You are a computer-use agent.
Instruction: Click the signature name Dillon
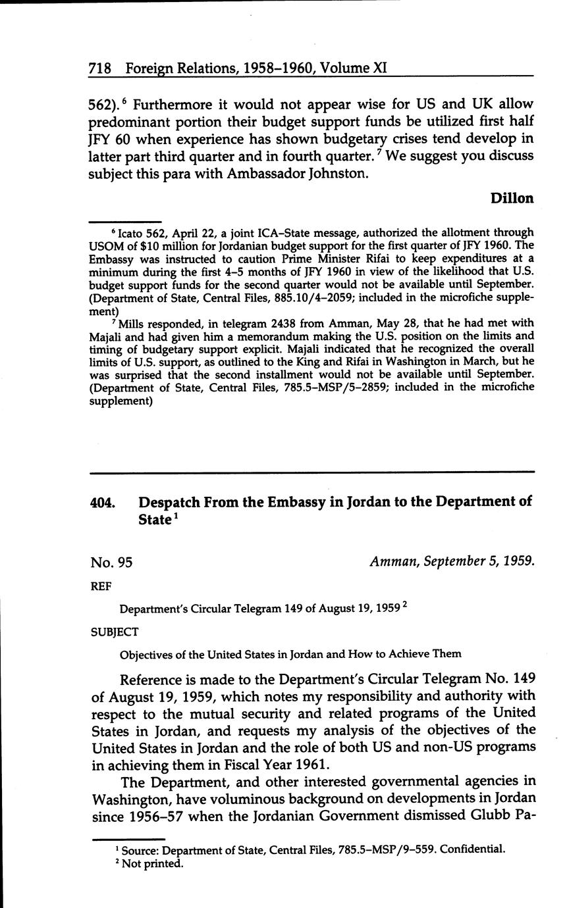512,198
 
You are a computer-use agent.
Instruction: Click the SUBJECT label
114,632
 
